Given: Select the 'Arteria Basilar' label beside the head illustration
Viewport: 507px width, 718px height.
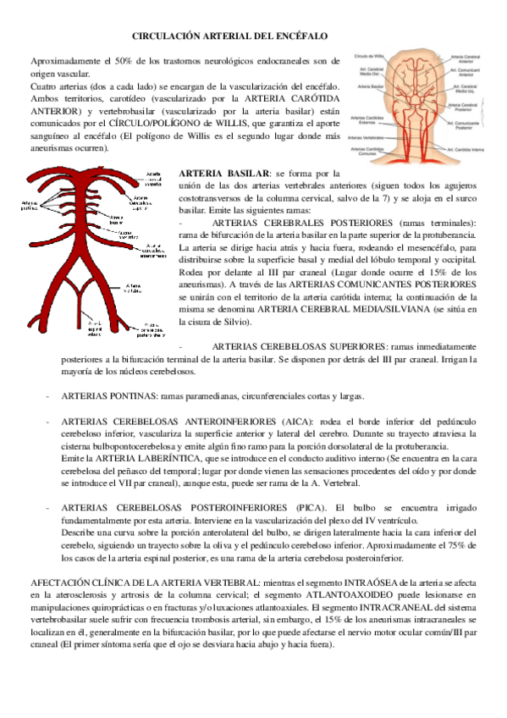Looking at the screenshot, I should (x=371, y=86).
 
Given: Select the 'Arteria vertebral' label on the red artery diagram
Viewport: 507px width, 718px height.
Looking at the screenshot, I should (x=135, y=289).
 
